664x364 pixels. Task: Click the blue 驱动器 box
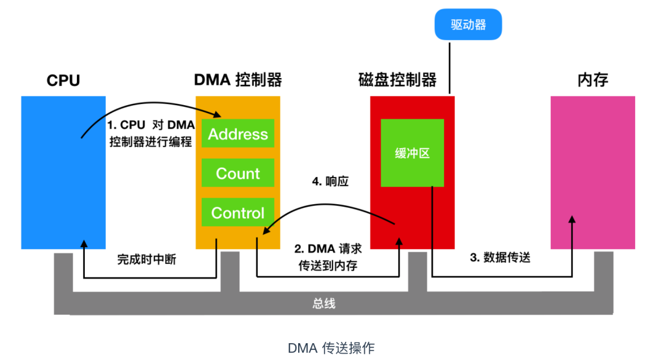click(468, 25)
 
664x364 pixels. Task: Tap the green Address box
click(237, 133)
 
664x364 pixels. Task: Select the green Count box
click(237, 173)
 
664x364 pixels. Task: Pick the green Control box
click(237, 212)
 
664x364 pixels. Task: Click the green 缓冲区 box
click(412, 153)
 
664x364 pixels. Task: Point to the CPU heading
click(63, 80)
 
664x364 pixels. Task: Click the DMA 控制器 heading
click(238, 80)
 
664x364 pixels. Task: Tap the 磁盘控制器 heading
click(397, 80)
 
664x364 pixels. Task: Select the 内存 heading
click(593, 80)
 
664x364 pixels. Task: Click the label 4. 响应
click(330, 181)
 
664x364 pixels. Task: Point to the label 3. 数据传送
click(500, 257)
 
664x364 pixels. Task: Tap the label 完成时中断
click(146, 259)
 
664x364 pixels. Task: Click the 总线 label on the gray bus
click(324, 303)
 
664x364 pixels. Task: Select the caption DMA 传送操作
click(331, 348)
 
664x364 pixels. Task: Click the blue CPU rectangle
click(63, 172)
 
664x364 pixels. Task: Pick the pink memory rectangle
click(593, 172)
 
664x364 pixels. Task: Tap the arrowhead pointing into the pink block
click(572, 219)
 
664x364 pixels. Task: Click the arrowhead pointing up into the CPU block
click(84, 243)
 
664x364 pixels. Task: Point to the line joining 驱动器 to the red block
click(449, 68)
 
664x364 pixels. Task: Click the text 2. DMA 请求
click(328, 248)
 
